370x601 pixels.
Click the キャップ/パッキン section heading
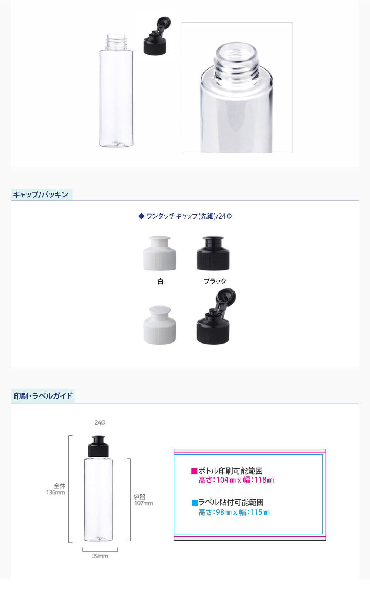pyautogui.click(x=41, y=195)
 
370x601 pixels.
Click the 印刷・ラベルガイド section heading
pyautogui.click(x=43, y=396)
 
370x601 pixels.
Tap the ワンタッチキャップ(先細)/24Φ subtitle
pyautogui.click(x=185, y=216)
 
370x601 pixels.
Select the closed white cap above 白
pyautogui.click(x=159, y=253)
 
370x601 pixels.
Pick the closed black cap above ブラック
pyautogui.click(x=213, y=253)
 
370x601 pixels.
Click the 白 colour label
pyautogui.click(x=161, y=281)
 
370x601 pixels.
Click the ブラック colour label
pyautogui.click(x=215, y=281)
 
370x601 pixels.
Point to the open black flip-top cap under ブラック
pyautogui.click(x=216, y=317)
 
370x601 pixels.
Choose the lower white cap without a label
pyautogui.click(x=159, y=325)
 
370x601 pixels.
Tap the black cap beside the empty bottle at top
pyautogui.click(x=156, y=36)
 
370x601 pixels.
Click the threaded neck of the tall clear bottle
pyautogui.click(x=116, y=42)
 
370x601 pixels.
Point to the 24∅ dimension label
pyautogui.click(x=100, y=423)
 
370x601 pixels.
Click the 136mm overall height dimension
pyautogui.click(x=55, y=493)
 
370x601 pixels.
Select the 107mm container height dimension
pyautogui.click(x=144, y=503)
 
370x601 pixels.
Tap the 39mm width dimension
pyautogui.click(x=100, y=556)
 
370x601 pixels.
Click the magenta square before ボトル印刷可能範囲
pyautogui.click(x=194, y=471)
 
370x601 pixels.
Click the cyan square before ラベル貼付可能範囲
pyautogui.click(x=194, y=503)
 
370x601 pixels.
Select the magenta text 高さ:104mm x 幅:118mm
pyautogui.click(x=236, y=480)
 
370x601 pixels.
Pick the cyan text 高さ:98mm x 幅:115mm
pyautogui.click(x=234, y=512)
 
